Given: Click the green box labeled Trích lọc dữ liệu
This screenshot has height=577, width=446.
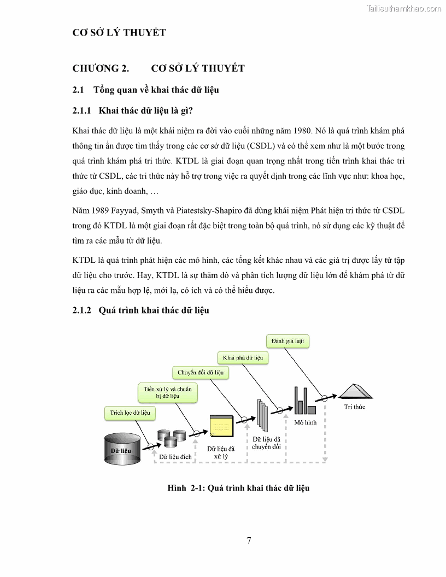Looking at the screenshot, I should (x=130, y=413).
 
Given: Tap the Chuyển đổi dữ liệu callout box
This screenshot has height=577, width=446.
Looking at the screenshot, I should (x=201, y=373).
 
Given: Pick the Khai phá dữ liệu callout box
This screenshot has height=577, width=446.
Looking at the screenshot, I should (x=243, y=358).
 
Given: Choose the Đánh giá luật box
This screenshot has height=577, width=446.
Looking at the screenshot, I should (x=287, y=342).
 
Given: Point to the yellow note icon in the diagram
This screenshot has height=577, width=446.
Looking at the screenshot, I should (x=221, y=426).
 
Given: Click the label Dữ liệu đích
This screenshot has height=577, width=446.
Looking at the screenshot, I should (x=175, y=457).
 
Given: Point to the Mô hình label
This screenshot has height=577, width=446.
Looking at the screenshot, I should (x=305, y=422).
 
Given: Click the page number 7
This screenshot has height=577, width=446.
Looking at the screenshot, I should (x=249, y=541).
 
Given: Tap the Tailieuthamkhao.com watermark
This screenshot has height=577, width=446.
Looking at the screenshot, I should (x=403, y=8).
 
